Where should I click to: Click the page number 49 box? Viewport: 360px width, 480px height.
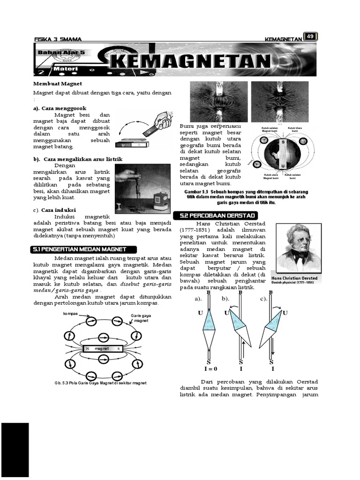click(310, 37)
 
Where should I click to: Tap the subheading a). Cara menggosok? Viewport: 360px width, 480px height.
click(60, 108)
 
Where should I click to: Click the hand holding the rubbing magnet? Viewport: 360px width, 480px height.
click(162, 120)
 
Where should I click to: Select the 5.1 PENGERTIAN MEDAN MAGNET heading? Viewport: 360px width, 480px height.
click(84, 250)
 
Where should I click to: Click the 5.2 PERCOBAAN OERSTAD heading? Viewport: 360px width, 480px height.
click(215, 215)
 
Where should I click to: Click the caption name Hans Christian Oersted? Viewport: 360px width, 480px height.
click(294, 278)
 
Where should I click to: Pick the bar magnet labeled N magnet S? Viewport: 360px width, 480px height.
click(102, 349)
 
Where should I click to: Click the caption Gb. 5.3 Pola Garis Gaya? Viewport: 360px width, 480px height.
click(100, 383)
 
